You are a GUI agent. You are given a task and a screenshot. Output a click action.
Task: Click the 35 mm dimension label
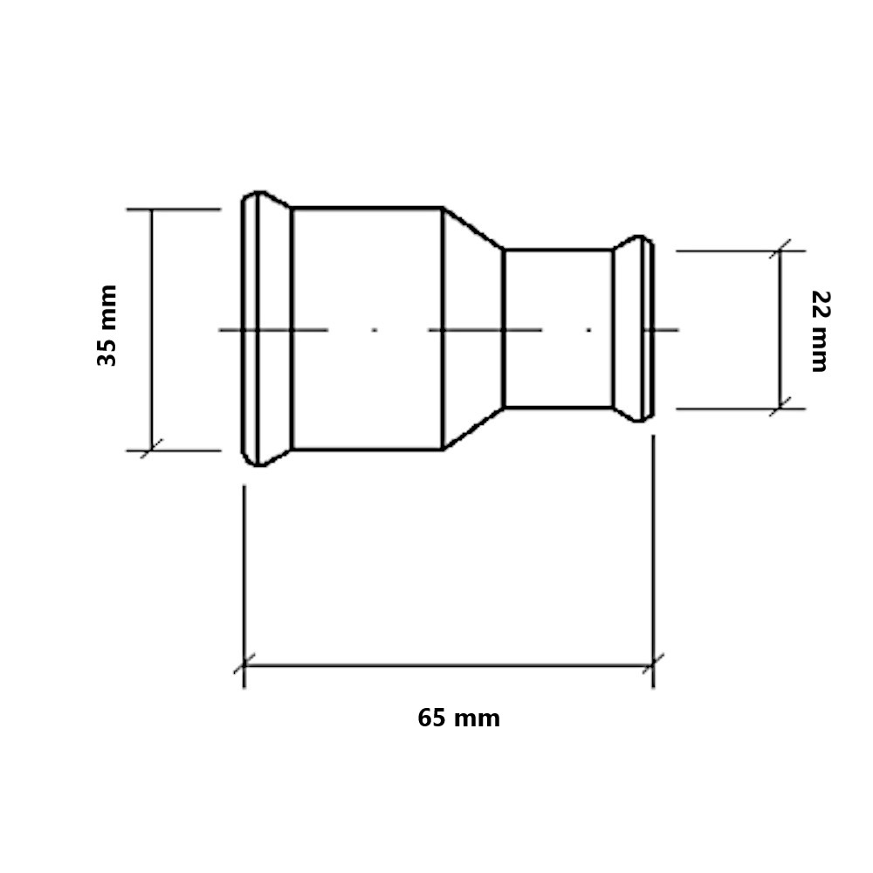tap(107, 325)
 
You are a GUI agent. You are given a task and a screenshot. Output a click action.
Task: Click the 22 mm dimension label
tap(820, 331)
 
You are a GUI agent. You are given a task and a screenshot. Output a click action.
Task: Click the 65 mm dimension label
tap(459, 718)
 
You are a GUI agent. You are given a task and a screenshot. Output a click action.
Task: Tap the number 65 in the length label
tap(431, 718)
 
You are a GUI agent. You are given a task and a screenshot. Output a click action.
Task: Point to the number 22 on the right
tap(820, 305)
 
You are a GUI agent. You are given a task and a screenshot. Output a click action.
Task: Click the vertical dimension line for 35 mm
tap(151, 330)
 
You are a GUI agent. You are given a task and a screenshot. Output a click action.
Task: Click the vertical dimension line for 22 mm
tap(780, 330)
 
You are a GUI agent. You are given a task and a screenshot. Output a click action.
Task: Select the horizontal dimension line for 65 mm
tap(449, 664)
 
